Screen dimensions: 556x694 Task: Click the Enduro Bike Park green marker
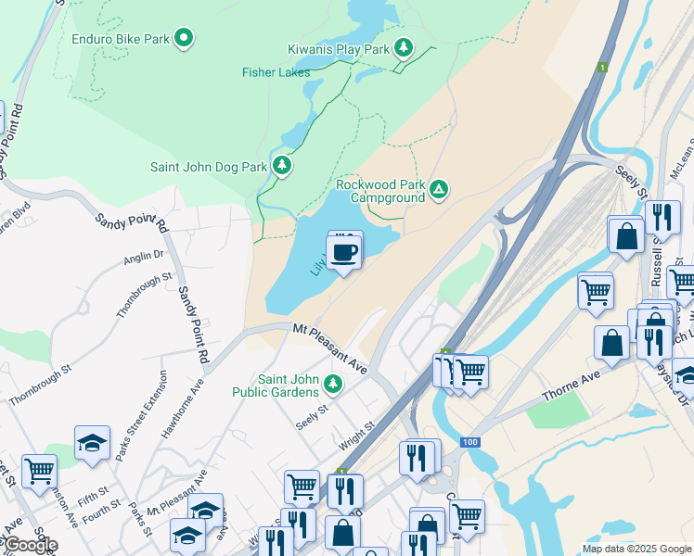pos(185,38)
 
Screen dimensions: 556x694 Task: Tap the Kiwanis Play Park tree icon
pos(404,46)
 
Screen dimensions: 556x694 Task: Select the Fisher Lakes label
pos(276,72)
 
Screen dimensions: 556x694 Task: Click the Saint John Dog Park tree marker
pos(282,167)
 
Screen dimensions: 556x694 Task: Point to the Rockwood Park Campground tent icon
pos(439,191)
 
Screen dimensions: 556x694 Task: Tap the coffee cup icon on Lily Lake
pos(343,251)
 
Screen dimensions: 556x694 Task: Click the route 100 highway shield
pos(470,442)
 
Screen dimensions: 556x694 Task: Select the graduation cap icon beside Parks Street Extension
pos(93,444)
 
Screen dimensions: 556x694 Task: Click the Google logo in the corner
pos(30,545)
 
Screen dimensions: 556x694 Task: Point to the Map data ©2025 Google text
pos(636,548)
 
